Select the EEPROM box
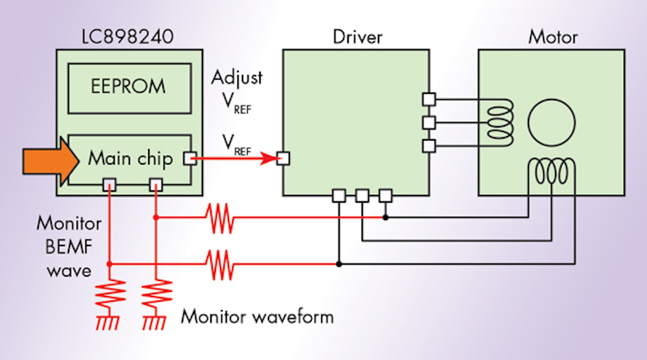point(127,86)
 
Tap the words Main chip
point(130,158)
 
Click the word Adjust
point(237,78)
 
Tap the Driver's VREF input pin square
point(283,158)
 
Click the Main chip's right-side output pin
point(190,158)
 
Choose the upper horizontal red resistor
point(219,218)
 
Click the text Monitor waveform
point(257,317)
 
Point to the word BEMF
point(69,247)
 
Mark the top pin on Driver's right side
point(428,99)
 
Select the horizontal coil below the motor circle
point(551,172)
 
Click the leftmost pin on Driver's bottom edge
point(338,195)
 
